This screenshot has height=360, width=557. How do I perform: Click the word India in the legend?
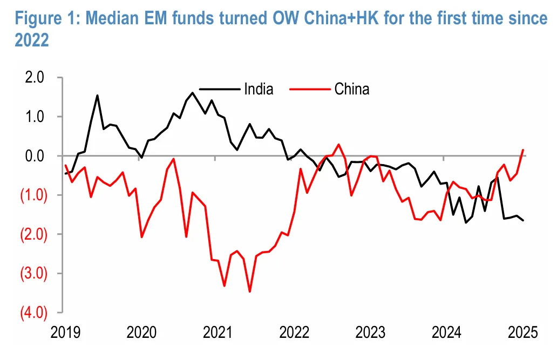tap(259, 89)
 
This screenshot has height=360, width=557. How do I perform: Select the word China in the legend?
tap(352, 89)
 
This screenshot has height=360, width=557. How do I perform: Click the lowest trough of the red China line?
tap(250, 291)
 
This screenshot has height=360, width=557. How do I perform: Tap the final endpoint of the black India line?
tap(523, 220)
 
